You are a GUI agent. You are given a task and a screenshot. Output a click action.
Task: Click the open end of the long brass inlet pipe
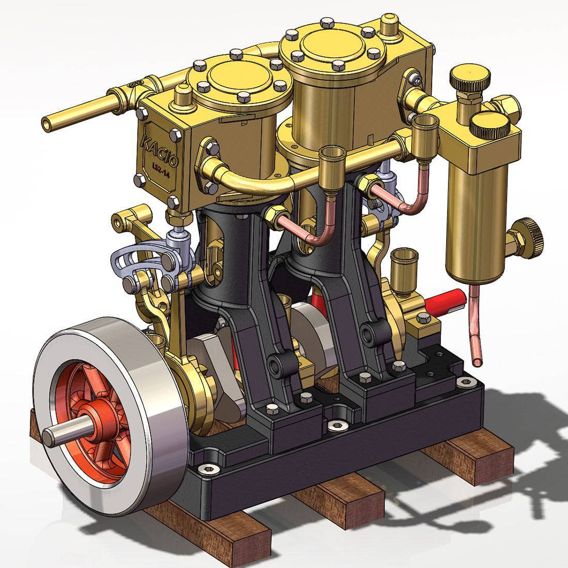click(x=47, y=123)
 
